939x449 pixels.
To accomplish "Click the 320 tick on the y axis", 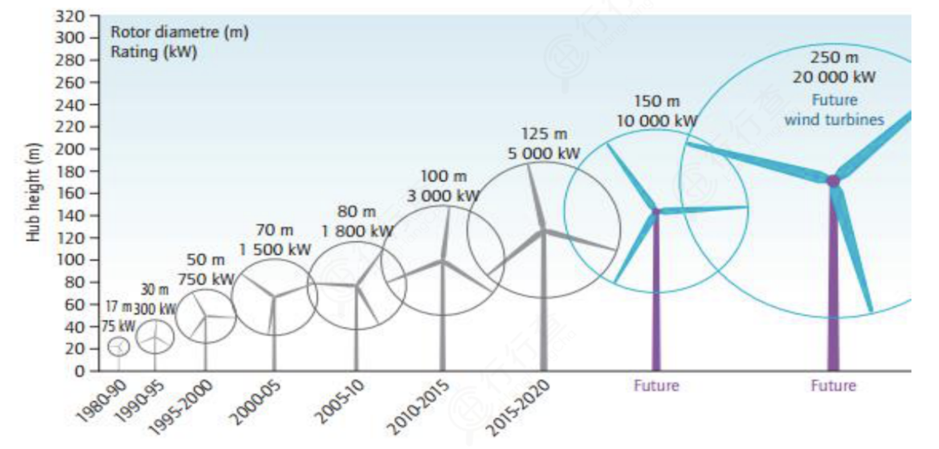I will click(70, 16).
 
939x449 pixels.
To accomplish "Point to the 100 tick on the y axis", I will click(70, 260).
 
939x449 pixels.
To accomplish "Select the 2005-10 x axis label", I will click(341, 403).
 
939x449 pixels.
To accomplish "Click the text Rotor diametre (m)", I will click(179, 32).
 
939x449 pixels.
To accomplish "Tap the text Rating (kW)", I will click(153, 52).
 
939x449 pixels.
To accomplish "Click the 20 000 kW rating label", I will click(834, 77).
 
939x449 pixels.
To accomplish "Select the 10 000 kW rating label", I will click(656, 121).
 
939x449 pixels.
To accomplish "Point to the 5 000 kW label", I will click(544, 153).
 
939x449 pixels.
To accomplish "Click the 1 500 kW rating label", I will click(275, 250).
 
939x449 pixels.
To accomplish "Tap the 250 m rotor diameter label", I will click(834, 58).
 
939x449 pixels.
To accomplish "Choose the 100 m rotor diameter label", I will click(443, 177).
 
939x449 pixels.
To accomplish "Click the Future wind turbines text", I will click(834, 110).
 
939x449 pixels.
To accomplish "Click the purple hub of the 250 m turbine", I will click(833, 181).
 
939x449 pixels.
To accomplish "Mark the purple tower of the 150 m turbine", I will click(656, 296).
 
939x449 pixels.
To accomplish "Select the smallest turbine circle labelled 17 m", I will click(119, 346).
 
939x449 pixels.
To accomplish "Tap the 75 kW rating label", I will click(119, 326).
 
